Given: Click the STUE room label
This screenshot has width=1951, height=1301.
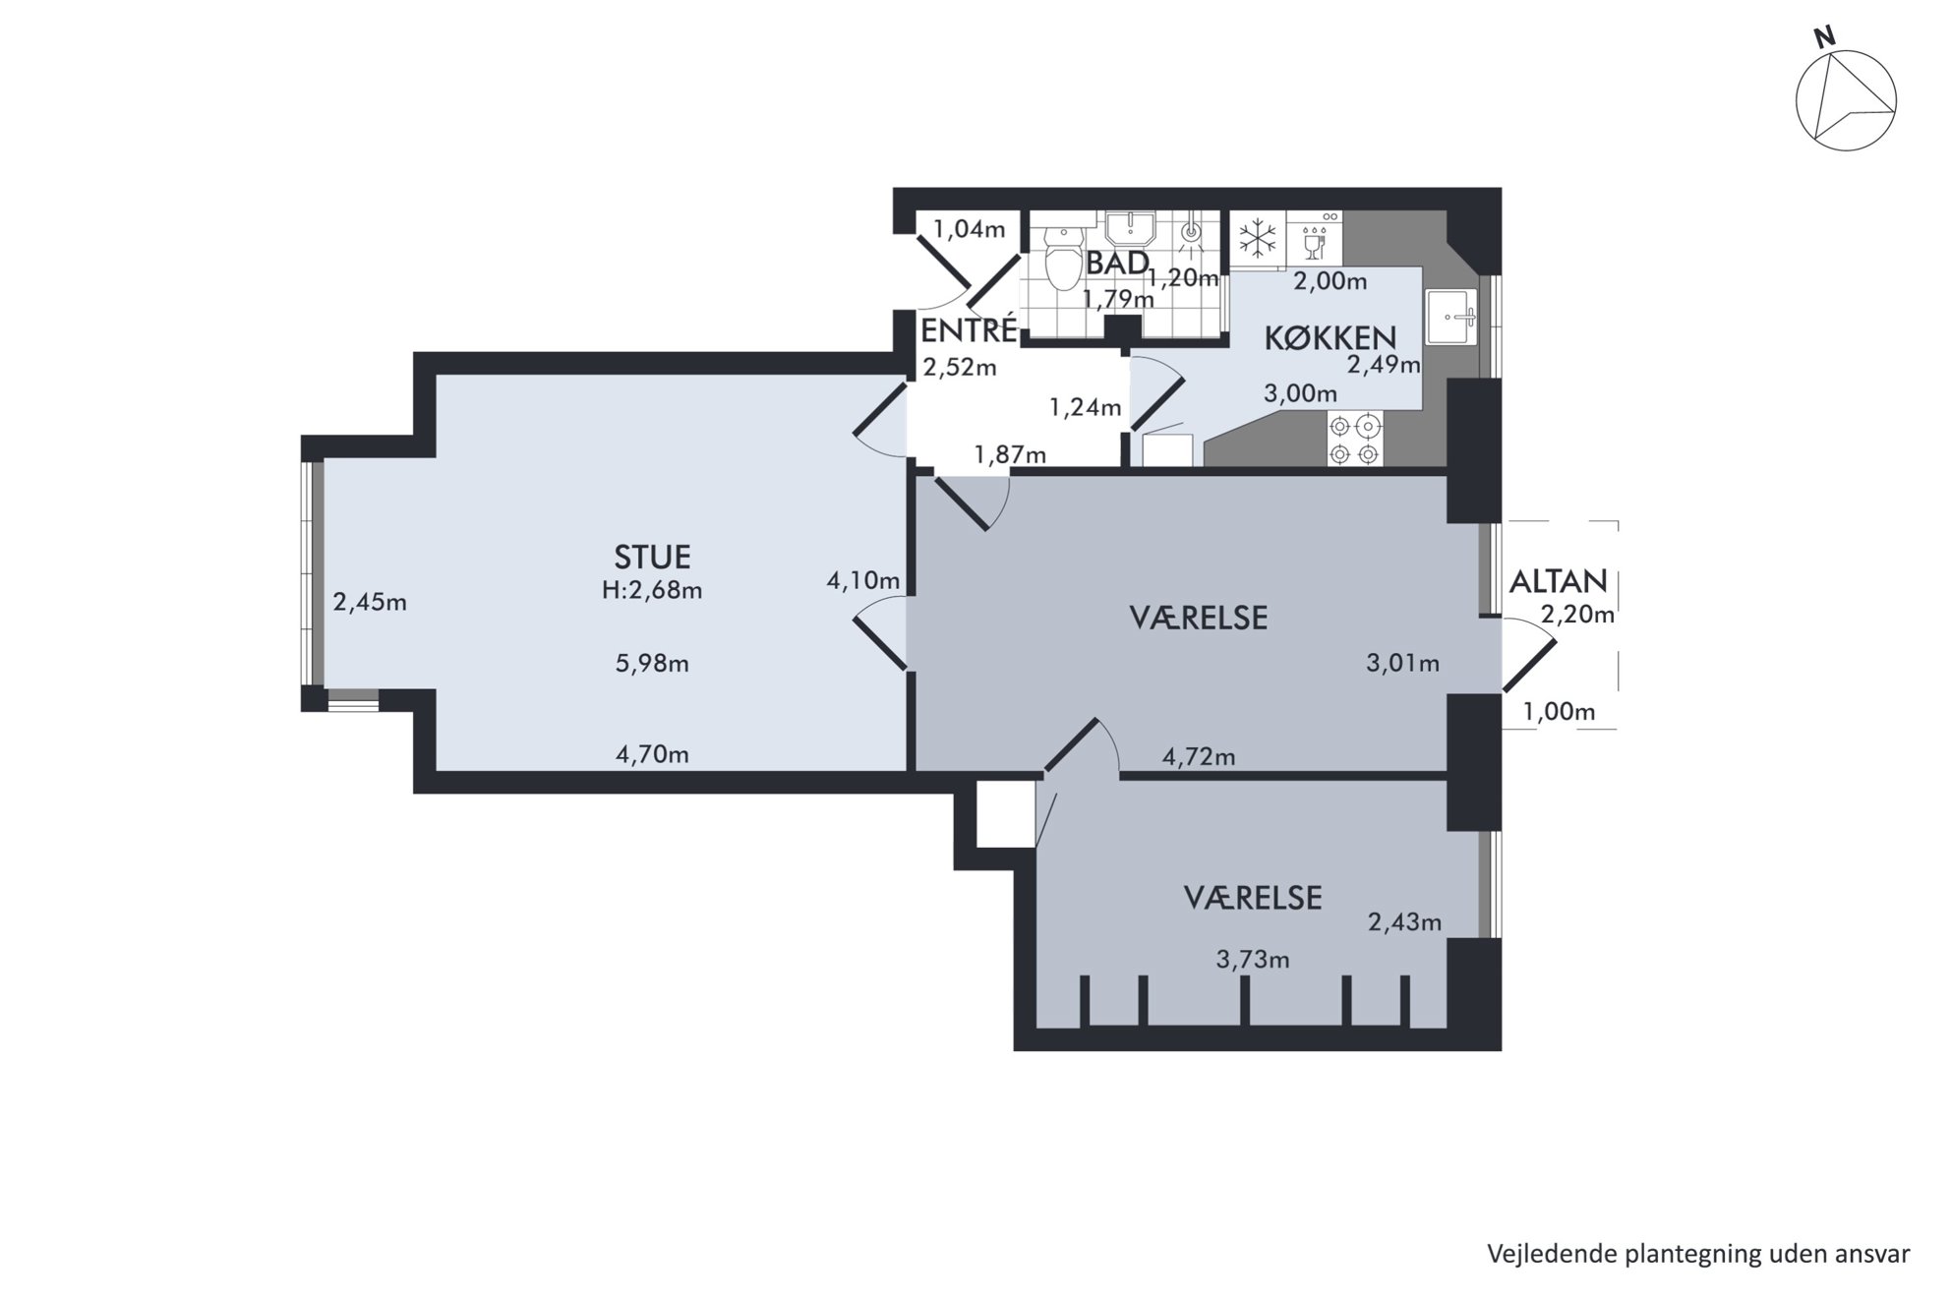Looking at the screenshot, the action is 652,558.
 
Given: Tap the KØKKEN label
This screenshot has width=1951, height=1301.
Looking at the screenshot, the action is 1330,337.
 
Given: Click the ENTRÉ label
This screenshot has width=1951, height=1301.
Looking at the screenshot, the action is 969,329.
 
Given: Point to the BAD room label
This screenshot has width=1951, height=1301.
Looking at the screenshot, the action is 1118,263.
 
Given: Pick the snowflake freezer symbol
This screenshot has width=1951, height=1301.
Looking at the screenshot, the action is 1257,238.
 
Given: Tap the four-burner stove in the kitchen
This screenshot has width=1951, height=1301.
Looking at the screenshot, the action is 1354,439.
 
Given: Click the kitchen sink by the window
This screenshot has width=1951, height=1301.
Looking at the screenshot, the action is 1452,317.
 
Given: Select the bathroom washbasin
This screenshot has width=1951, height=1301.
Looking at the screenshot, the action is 1130,229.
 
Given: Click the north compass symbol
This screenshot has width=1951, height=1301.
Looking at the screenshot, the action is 1845,99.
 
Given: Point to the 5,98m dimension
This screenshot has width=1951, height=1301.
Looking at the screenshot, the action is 652,664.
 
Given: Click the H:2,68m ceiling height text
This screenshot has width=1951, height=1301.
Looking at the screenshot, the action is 652,590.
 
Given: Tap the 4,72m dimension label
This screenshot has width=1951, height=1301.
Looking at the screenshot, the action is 1199,757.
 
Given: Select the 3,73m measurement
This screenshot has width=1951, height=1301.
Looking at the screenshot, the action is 1253,959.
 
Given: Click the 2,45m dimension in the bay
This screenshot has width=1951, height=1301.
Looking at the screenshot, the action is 370,602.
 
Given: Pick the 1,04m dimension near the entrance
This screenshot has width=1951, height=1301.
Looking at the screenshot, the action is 969,230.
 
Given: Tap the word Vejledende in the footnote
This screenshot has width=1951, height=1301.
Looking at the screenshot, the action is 1551,1254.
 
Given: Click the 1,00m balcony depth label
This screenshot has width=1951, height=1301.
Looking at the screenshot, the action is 1559,711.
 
